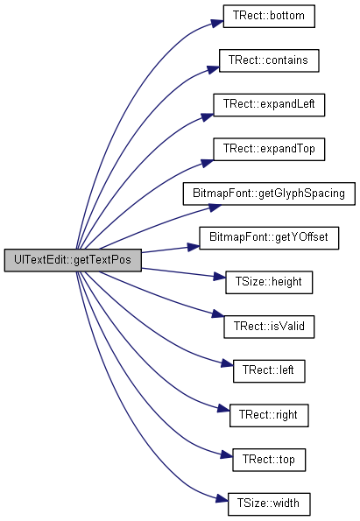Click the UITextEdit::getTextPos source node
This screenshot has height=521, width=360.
(73, 260)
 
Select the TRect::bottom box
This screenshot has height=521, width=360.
(269, 16)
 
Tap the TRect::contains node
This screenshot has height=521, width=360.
(269, 60)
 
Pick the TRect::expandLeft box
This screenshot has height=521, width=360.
(269, 105)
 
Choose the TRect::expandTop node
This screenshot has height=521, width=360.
(269, 149)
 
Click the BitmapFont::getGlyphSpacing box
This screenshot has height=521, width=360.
(269, 194)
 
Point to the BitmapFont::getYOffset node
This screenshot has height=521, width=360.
(269, 238)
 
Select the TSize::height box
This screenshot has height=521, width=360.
(269, 283)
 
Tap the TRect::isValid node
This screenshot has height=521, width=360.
(269, 327)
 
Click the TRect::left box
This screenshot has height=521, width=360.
(269, 370)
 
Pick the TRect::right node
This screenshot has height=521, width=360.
(269, 415)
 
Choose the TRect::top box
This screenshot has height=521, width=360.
(269, 460)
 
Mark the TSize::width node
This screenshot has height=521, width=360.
(269, 504)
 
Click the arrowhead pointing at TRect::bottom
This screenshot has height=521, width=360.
(217, 24)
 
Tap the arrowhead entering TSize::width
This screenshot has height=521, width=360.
(222, 499)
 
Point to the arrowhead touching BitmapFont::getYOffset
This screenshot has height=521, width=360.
(193, 247)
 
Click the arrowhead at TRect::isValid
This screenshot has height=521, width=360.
(218, 314)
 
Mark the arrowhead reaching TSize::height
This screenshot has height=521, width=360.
(219, 277)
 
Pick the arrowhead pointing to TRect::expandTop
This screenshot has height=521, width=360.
(207, 163)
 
